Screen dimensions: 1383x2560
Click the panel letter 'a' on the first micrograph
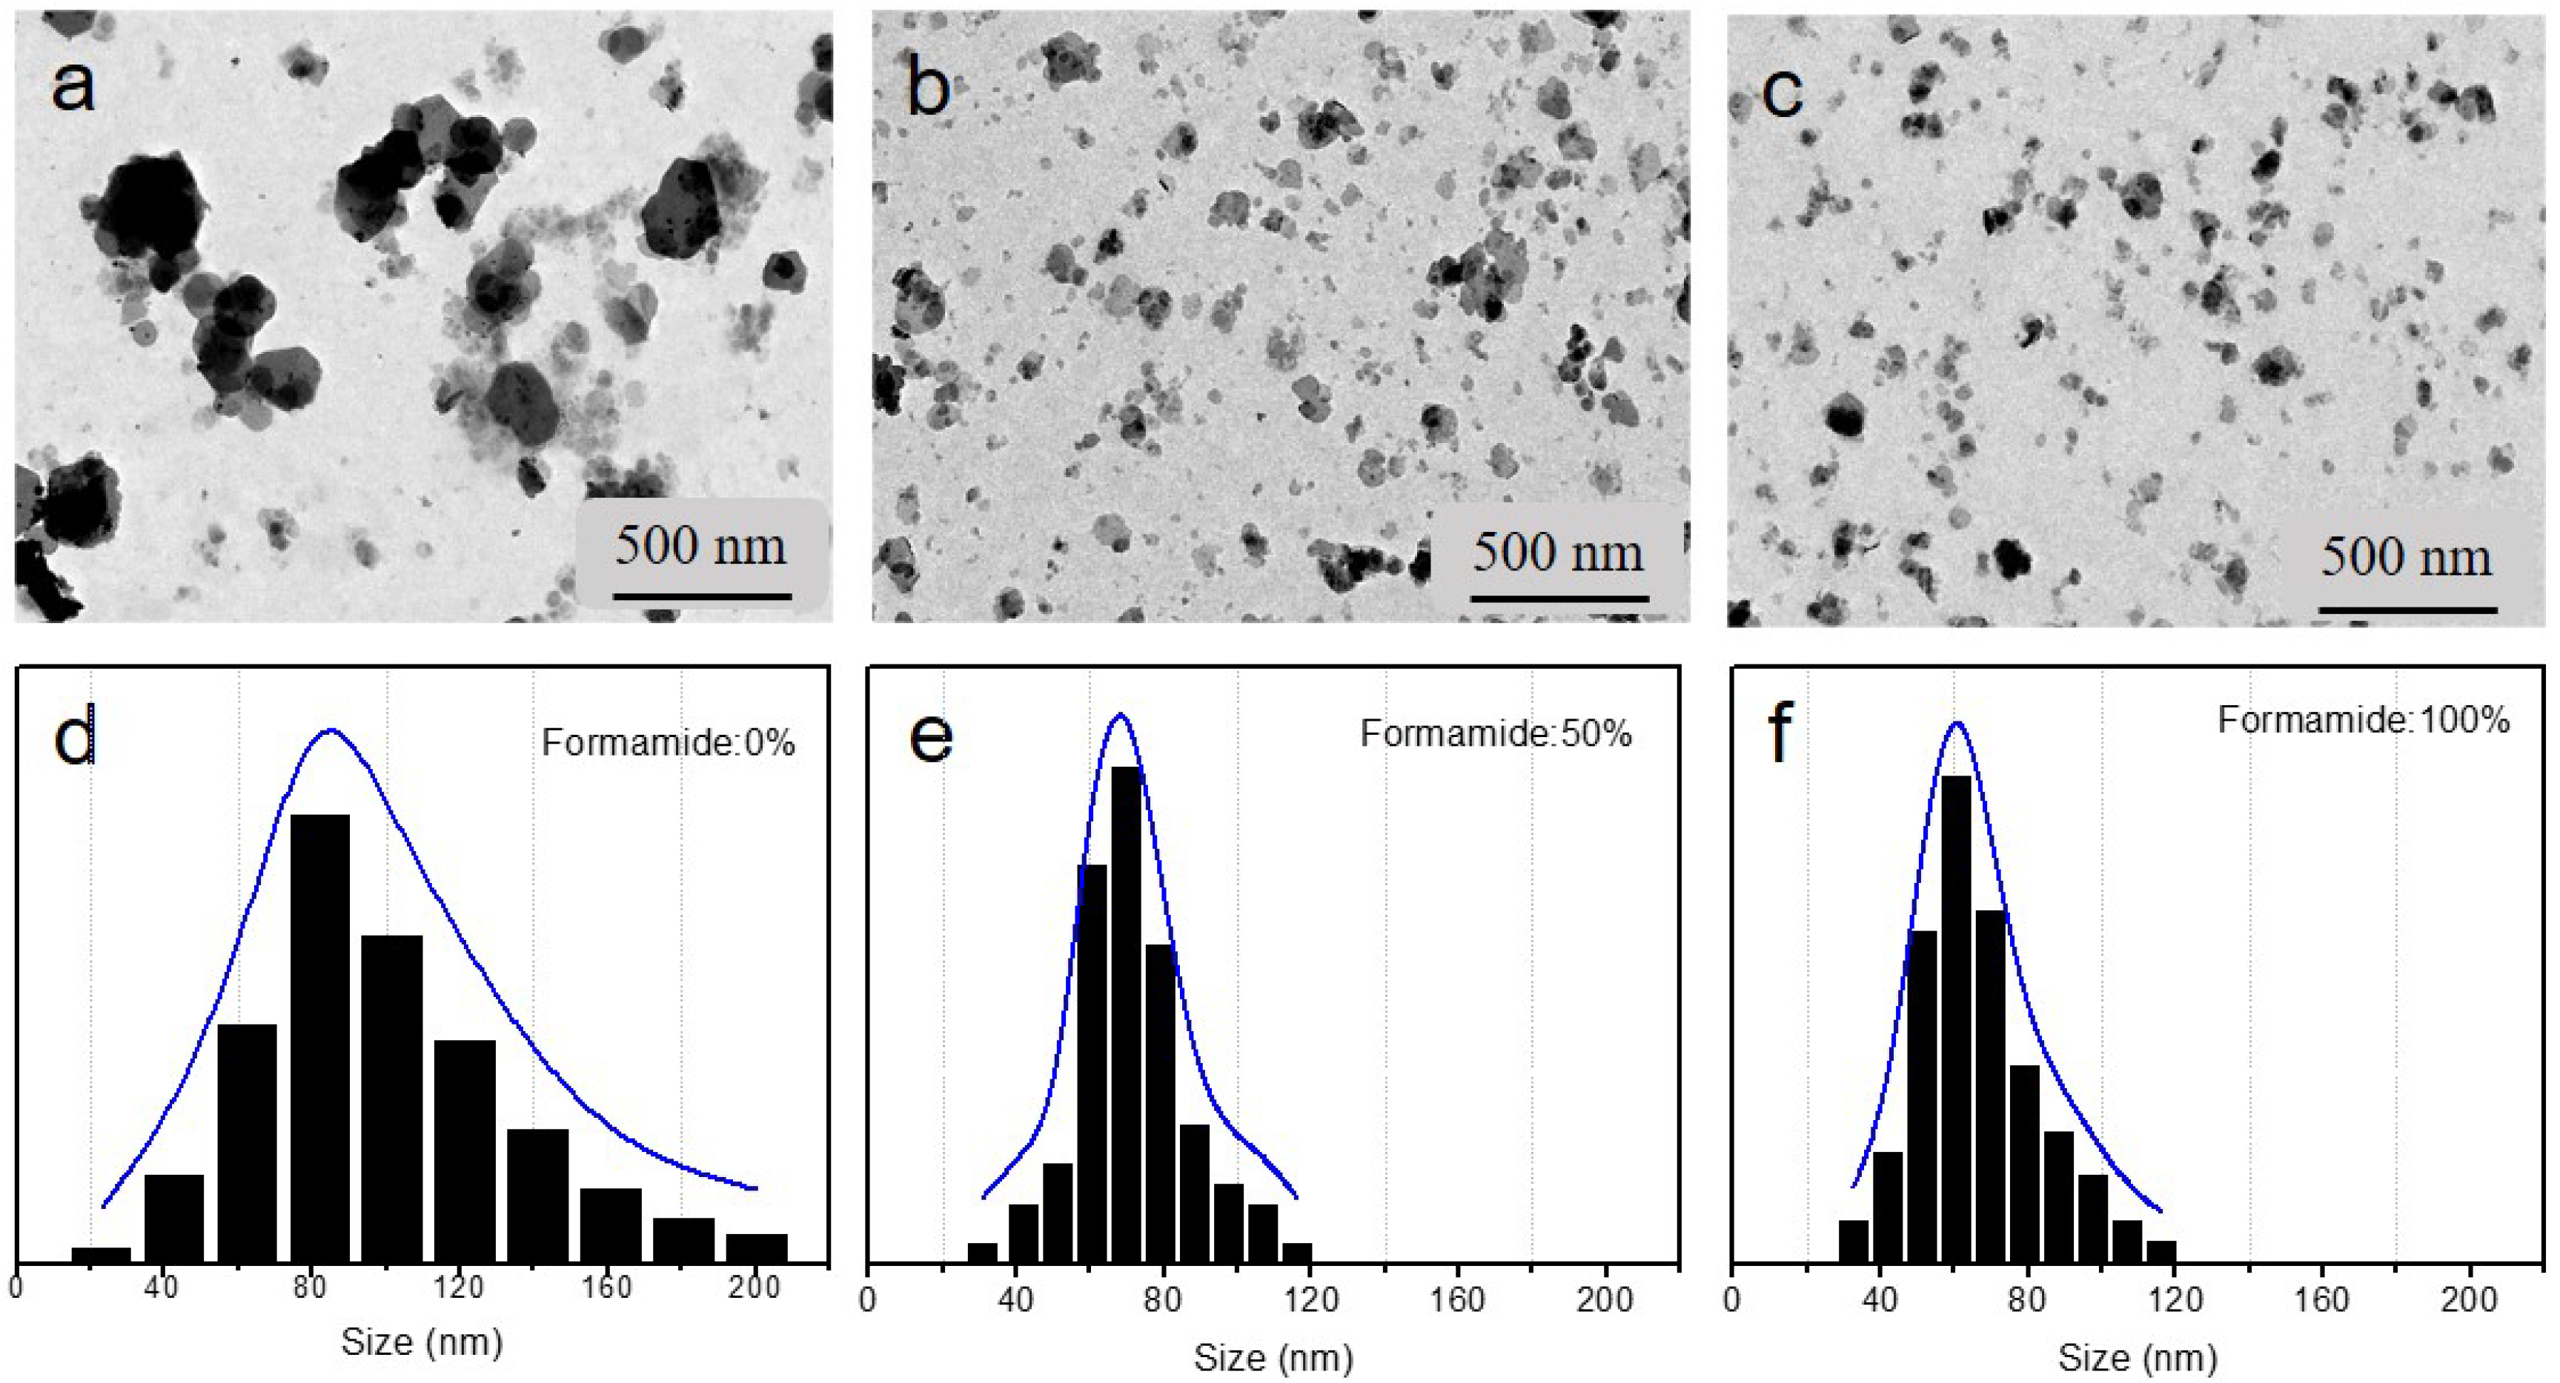tap(73, 85)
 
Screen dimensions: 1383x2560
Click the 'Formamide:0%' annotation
tap(668, 743)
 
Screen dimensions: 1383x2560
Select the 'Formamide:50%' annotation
tap(1496, 733)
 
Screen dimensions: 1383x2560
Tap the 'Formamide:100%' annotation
tap(2364, 719)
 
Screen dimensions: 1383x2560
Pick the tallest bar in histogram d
tap(320, 1039)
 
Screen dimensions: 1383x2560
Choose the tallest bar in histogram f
tap(1956, 1019)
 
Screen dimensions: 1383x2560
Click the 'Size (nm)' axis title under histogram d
tap(422, 1342)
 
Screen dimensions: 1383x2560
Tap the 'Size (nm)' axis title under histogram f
tap(2137, 1357)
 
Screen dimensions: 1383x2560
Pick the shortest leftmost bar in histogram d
tap(102, 1255)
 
